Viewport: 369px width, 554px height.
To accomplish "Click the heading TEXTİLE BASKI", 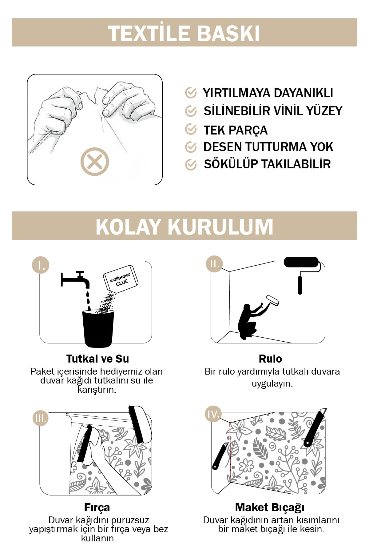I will (x=184, y=33).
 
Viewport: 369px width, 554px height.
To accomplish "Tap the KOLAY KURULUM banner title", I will (x=184, y=227).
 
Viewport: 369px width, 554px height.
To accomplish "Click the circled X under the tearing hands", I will (x=95, y=162).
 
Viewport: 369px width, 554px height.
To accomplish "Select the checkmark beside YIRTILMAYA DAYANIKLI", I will (x=191, y=93).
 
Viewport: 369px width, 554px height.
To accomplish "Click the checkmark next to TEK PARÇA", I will (x=191, y=130).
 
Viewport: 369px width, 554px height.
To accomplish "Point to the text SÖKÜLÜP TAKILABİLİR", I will (x=267, y=164).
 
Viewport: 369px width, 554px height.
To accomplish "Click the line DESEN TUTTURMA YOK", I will (x=268, y=147).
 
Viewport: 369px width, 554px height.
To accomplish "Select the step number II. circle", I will (x=214, y=264).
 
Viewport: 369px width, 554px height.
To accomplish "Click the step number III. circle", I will (x=41, y=418).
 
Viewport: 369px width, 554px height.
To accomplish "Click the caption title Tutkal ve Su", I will (x=97, y=359).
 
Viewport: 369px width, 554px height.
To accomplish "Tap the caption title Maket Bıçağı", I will (x=270, y=508).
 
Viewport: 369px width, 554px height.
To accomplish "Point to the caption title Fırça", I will (x=97, y=508).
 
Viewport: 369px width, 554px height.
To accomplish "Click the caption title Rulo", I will (x=270, y=359).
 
